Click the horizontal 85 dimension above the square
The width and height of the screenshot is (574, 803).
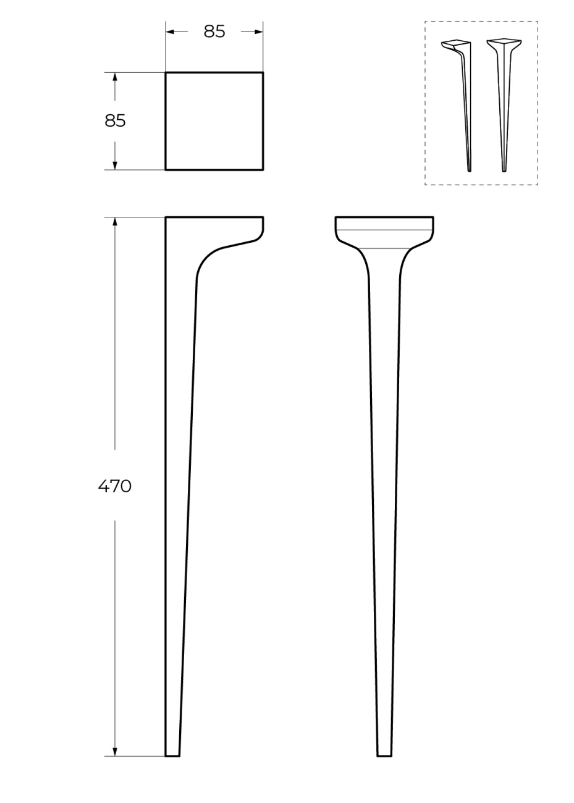coord(214,32)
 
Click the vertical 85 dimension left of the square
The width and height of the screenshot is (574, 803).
coord(115,121)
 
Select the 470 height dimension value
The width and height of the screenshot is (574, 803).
coord(115,487)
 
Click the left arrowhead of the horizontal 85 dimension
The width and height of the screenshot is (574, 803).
coord(170,32)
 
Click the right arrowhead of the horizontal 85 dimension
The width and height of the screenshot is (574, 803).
coord(259,32)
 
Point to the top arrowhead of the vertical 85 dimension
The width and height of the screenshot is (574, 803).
coord(115,77)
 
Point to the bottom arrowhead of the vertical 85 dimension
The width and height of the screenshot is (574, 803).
coord(115,166)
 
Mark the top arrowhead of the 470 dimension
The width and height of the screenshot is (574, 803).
coord(115,222)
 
